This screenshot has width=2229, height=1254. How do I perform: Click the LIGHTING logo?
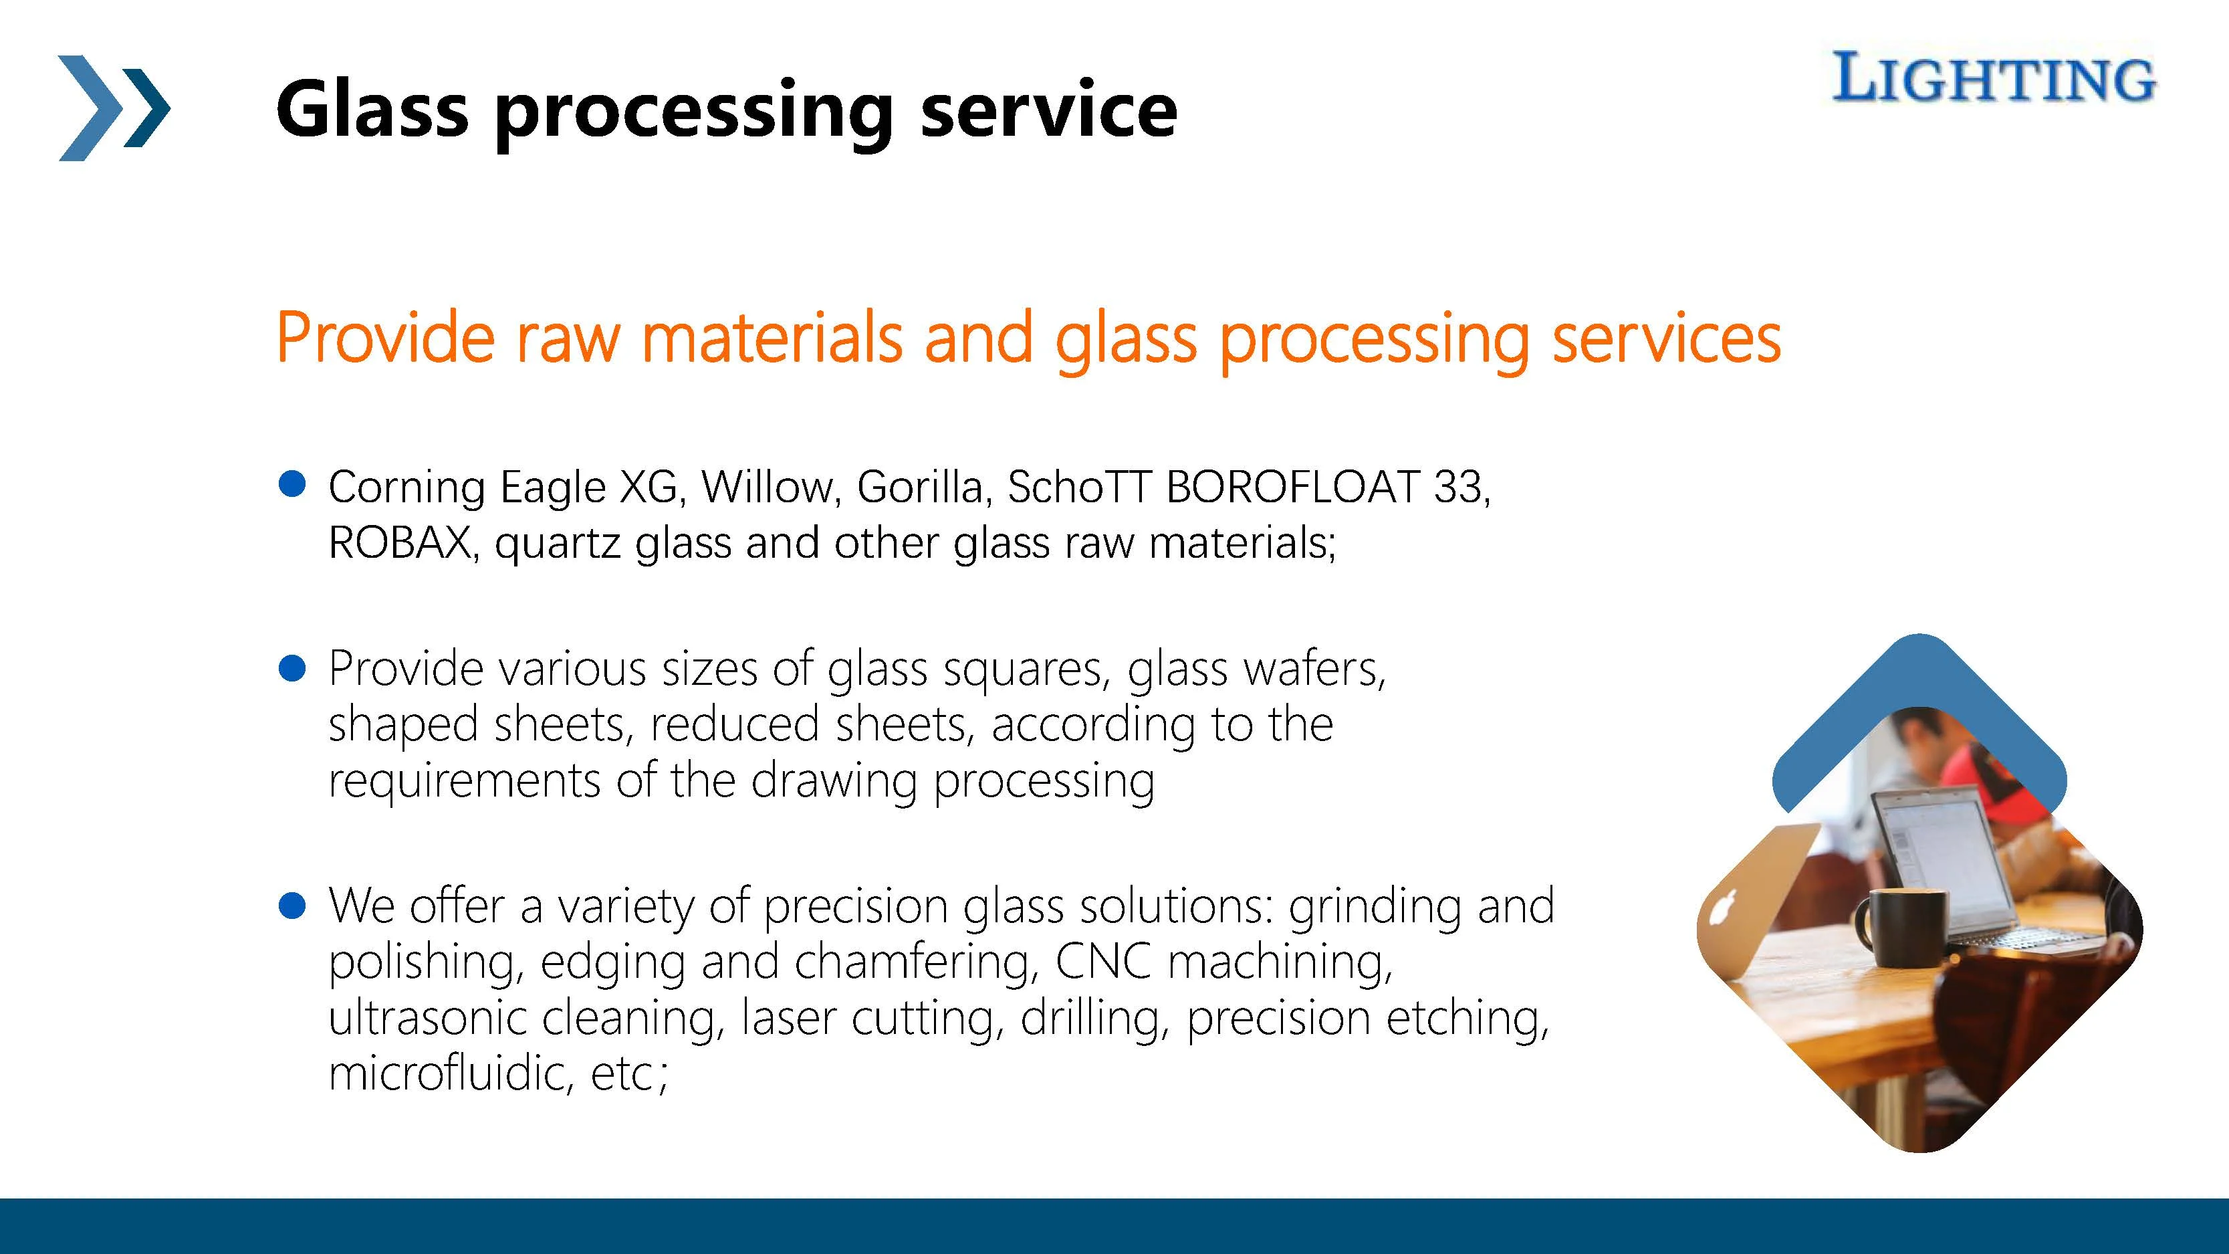[x=1993, y=78]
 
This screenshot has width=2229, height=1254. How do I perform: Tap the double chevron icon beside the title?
[x=114, y=108]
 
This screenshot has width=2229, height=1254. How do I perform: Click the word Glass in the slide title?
[x=372, y=109]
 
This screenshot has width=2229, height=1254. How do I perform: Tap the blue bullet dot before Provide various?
[x=292, y=668]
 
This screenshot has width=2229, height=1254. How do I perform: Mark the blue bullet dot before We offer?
[x=292, y=906]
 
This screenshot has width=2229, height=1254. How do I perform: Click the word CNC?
[x=1103, y=962]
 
